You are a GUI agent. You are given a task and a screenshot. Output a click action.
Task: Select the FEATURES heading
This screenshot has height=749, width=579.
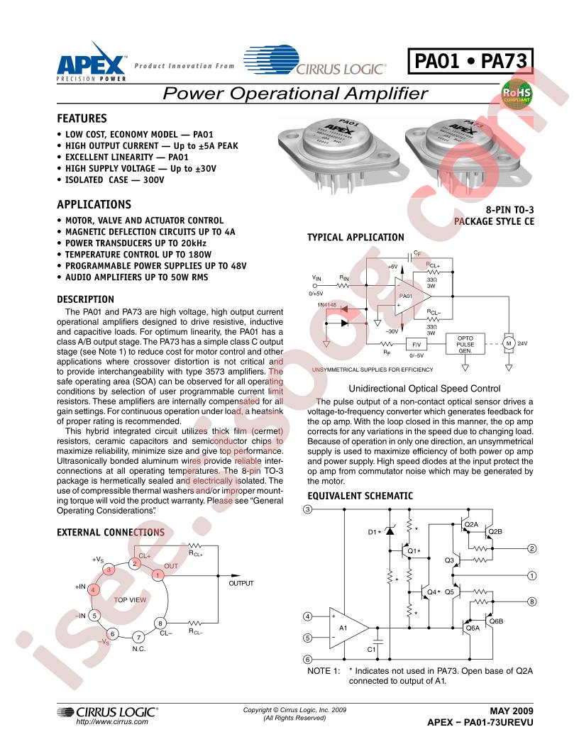coord(82,118)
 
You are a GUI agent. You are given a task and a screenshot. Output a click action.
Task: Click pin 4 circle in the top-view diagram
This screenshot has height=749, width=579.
coord(94,589)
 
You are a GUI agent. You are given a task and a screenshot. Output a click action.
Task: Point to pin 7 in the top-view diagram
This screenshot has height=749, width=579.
coord(139,637)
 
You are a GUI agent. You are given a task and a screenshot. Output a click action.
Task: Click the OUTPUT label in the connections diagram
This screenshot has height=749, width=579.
coord(241,583)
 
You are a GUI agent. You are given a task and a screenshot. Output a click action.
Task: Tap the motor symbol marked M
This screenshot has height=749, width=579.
coord(507,343)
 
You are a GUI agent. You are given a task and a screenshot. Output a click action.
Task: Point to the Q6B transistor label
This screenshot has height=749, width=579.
coord(495,621)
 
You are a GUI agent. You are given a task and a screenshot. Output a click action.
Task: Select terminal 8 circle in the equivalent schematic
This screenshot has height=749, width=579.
coord(532,602)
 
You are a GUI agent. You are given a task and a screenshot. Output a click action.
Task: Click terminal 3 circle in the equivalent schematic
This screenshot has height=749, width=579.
coord(307,510)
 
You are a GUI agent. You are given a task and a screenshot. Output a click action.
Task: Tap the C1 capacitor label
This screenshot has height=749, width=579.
coord(371,650)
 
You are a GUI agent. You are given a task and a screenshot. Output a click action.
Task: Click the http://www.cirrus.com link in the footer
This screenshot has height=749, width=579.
coord(111,721)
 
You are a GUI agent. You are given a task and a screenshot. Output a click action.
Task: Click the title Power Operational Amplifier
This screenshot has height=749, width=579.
coord(295,93)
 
